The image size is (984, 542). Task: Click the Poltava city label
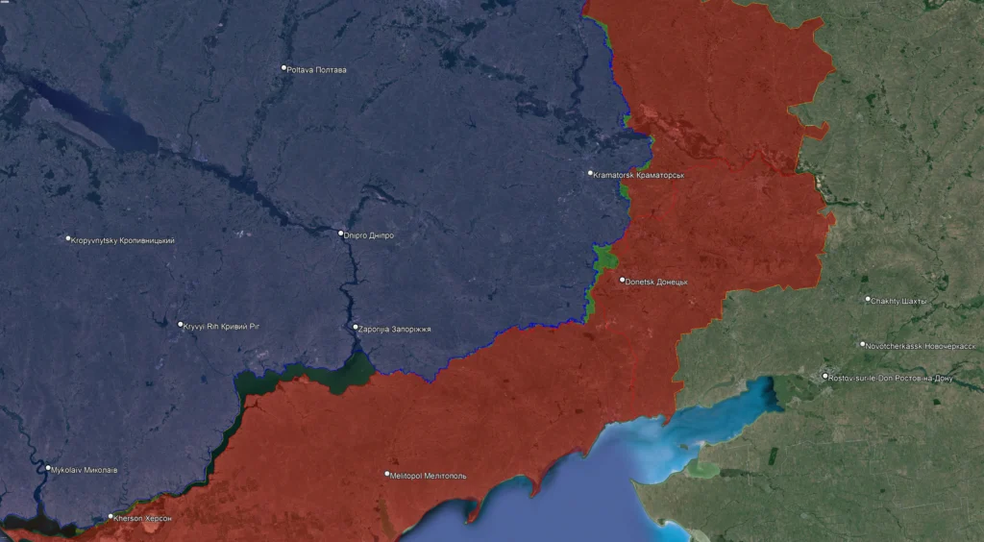[318, 69]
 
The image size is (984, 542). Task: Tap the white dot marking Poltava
[284, 68]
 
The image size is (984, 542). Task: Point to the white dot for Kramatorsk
[591, 174]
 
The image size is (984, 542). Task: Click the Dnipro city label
[369, 234]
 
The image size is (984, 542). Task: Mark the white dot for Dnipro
[341, 234]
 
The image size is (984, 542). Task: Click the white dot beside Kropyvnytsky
[68, 238]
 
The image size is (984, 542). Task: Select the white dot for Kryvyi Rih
[181, 325]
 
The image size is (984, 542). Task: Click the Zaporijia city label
[396, 329]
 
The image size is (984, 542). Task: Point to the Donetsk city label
[658, 282]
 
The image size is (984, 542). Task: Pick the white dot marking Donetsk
[623, 281]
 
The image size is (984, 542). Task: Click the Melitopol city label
[430, 475]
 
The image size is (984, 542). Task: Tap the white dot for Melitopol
[388, 474]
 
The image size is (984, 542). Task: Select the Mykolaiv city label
[85, 470]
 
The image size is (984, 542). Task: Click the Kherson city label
[144, 518]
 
